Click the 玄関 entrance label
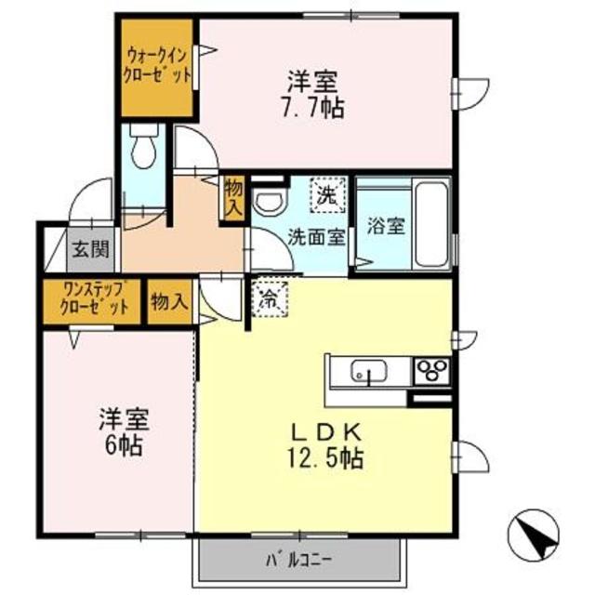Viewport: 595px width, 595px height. tap(91, 250)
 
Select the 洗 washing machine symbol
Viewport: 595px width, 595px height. tap(327, 195)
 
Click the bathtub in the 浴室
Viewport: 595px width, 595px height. tap(430, 225)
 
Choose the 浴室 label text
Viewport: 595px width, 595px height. tap(386, 226)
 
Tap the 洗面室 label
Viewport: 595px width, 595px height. tap(316, 238)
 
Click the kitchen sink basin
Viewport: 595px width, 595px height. tap(369, 371)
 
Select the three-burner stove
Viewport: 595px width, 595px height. tap(431, 370)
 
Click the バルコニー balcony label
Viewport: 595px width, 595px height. tap(298, 561)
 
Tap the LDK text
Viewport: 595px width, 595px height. tap(326, 432)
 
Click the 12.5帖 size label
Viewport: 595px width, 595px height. tap(325, 458)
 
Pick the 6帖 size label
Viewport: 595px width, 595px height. tap(124, 445)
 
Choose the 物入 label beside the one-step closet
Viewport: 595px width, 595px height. tap(169, 303)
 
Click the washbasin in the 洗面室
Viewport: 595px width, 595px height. tap(271, 202)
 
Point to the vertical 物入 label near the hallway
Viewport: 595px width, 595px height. tap(233, 199)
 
